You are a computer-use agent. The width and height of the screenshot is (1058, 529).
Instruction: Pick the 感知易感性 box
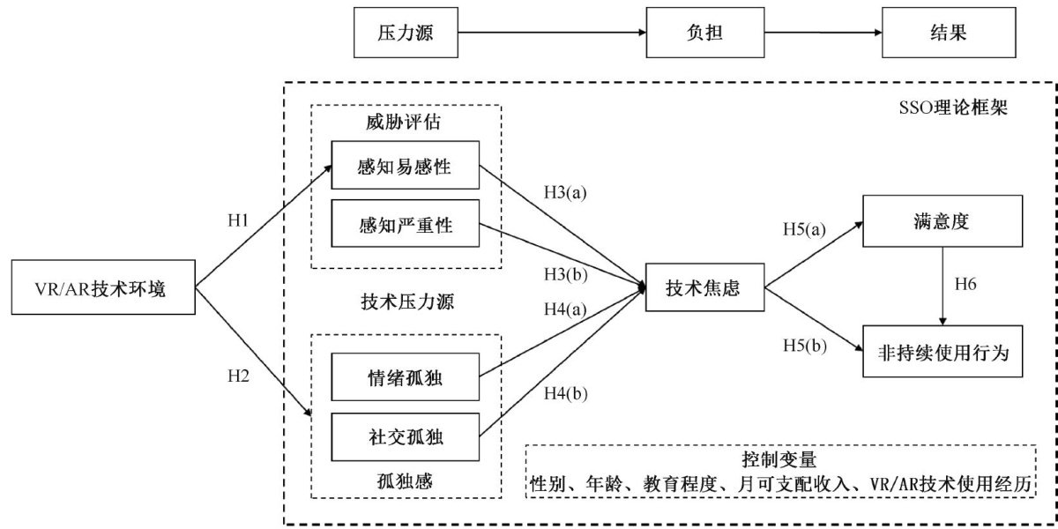pyautogui.click(x=405, y=166)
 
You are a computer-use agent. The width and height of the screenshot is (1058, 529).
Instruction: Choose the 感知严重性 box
pyautogui.click(x=405, y=225)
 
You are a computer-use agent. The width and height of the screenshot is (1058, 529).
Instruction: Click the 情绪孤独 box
pyautogui.click(x=405, y=378)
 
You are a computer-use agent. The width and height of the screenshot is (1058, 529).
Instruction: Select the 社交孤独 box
pyautogui.click(x=405, y=437)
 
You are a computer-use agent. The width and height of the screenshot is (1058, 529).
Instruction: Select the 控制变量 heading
pyautogui.click(x=780, y=460)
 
